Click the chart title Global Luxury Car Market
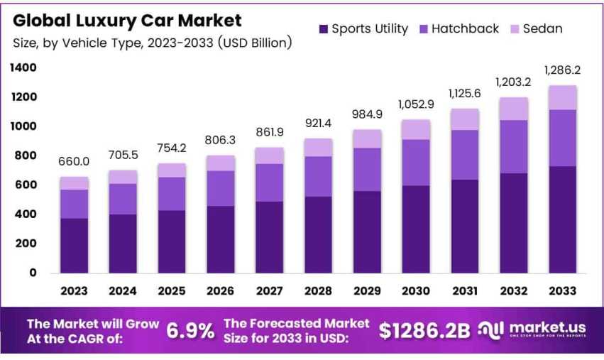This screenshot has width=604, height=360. click(x=127, y=21)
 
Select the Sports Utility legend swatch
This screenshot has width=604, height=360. click(x=324, y=29)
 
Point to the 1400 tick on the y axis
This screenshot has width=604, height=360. click(x=23, y=68)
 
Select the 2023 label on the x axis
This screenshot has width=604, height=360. click(x=74, y=291)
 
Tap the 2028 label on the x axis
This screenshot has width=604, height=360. click(x=318, y=291)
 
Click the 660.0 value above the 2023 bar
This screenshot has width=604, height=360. click(x=74, y=162)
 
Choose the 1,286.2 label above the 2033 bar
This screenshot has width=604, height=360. click(x=562, y=70)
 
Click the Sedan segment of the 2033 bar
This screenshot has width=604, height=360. click(x=562, y=98)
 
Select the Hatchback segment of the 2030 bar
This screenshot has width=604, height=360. click(x=416, y=163)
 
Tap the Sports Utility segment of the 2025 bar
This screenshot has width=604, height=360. click(x=172, y=241)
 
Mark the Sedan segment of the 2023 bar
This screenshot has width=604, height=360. click(x=74, y=183)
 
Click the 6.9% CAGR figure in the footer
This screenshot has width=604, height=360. click(x=190, y=330)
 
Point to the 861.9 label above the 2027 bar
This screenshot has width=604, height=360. click(x=270, y=132)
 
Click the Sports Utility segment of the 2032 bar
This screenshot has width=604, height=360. click(x=513, y=223)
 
